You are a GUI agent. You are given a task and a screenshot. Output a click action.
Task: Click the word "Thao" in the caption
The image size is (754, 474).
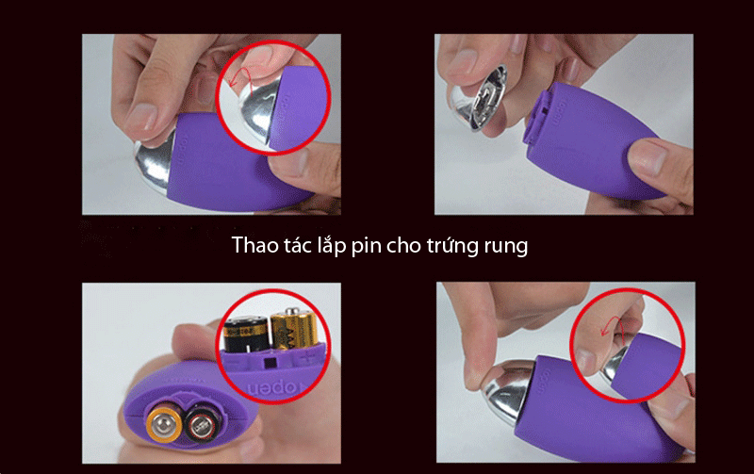[x=254, y=247]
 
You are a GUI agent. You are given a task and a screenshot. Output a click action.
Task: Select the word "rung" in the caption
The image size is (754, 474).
[x=505, y=248]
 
